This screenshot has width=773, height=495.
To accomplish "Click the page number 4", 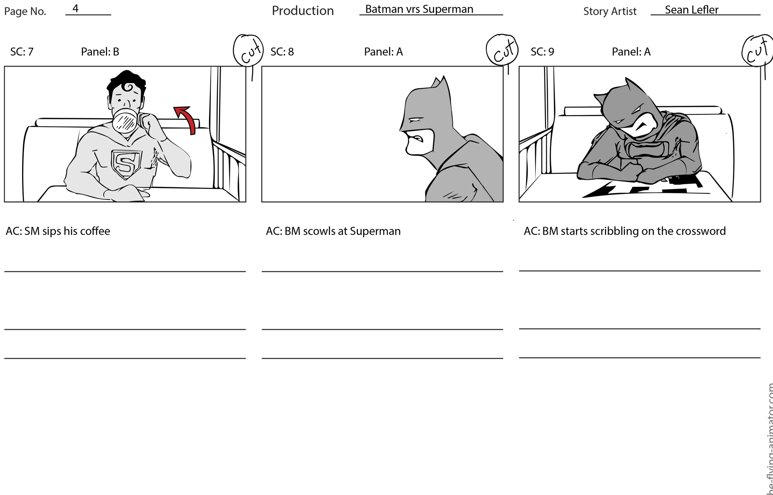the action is point(75,8).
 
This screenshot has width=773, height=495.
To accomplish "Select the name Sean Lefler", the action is point(691,10).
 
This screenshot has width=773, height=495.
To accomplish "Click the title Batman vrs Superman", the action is point(419,9).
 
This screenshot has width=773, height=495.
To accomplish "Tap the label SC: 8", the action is point(282,51).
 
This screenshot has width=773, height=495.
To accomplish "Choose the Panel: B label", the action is point(100,51).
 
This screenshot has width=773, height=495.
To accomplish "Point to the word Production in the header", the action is point(303,10).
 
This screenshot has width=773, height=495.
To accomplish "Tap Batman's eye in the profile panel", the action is point(416,119).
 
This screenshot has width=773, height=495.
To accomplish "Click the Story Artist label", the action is point(610,11).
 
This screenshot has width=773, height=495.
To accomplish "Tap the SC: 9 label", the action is point(542,51).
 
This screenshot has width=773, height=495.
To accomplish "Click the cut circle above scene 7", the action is point(248,51).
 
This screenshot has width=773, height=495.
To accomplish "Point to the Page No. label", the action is point(25,11).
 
